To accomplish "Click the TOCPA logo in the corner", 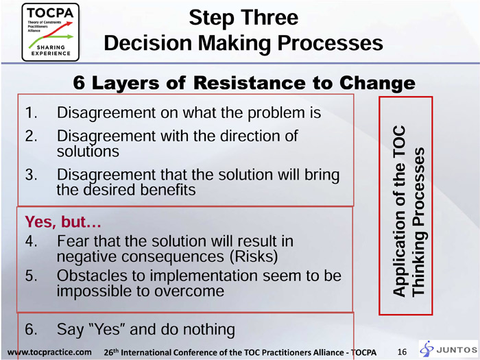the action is pyautogui.click(x=51, y=32).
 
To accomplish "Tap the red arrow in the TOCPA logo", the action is pyautogui.click(x=58, y=29).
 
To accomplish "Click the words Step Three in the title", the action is pyautogui.click(x=243, y=18).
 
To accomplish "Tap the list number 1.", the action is pyautogui.click(x=31, y=112).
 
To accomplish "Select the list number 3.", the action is pyautogui.click(x=31, y=175).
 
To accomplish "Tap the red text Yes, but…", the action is pyautogui.click(x=63, y=221).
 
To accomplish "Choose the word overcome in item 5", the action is pyautogui.click(x=189, y=291).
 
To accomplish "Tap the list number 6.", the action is pyautogui.click(x=31, y=329).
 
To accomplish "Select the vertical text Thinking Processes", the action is pyautogui.click(x=418, y=222).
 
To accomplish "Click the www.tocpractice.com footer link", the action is pyautogui.click(x=49, y=352).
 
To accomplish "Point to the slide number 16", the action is pyautogui.click(x=402, y=352).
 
